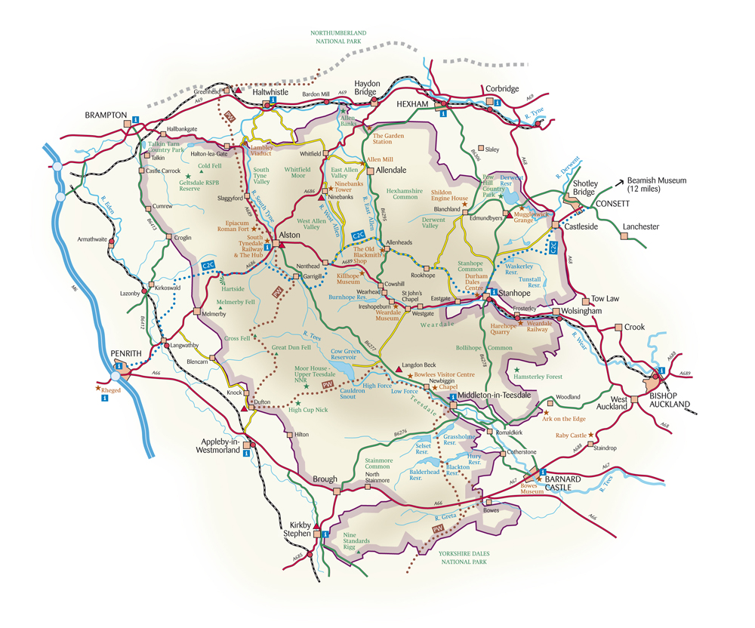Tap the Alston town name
290,235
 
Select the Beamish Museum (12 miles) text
657,185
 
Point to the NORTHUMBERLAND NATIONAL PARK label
338,38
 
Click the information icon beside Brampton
135,119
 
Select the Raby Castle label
572,436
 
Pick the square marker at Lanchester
624,236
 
